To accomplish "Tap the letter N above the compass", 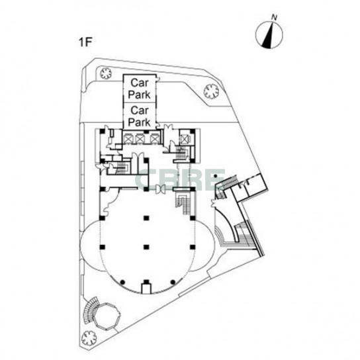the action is click(274, 17).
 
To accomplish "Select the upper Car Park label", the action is click(140, 89).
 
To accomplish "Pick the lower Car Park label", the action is click(140, 116).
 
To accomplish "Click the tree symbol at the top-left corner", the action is click(106, 73).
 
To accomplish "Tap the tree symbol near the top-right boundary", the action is click(211, 91).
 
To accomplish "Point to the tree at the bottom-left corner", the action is click(89, 337).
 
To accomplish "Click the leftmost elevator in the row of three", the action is click(127, 139).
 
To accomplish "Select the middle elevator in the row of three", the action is click(140, 139).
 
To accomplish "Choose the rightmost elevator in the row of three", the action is click(154, 139).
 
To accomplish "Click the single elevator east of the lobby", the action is click(185, 139).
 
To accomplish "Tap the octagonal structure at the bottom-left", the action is click(107, 316).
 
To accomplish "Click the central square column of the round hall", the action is click(146, 247).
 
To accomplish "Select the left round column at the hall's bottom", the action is click(123, 282).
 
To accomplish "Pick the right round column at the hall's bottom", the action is click(173, 282).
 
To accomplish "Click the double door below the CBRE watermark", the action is click(159, 189).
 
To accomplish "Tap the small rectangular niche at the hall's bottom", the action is click(146, 289).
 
